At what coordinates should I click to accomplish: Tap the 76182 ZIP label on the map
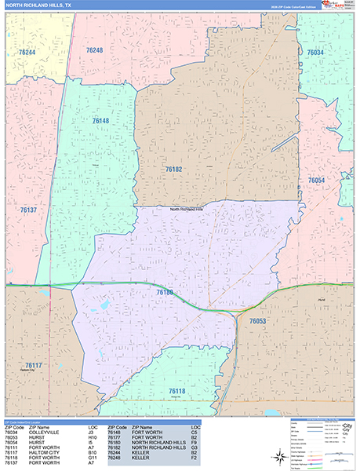coord(173,169)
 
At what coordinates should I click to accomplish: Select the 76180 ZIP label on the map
coord(165,292)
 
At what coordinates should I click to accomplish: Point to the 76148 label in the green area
coord(100,121)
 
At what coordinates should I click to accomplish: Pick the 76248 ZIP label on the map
coord(94,50)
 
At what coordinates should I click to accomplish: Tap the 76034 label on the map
coord(315,53)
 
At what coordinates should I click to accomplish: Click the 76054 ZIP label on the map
coord(316,181)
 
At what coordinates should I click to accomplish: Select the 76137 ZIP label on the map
coord(28,210)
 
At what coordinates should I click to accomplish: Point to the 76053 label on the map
coord(258,321)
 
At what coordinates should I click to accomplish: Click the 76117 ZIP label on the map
coord(34,365)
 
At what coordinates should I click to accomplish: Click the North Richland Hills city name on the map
coord(186,210)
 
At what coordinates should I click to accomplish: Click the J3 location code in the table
coord(91,432)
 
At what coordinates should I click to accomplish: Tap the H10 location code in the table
coord(93,436)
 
